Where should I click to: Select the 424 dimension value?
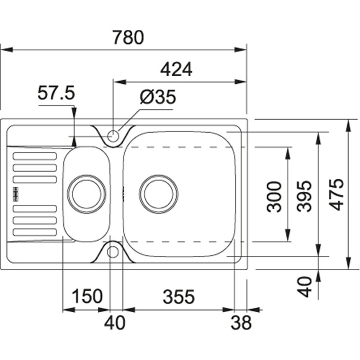click(176, 69)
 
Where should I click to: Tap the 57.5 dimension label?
click(56, 93)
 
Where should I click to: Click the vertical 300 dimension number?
click(274, 196)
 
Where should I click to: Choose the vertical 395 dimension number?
click(306, 196)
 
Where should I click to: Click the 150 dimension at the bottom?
click(87, 297)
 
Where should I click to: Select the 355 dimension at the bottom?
click(179, 297)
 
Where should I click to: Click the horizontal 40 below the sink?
click(115, 323)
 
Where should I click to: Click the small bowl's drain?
click(87, 194)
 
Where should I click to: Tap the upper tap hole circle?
click(113, 136)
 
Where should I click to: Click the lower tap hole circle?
click(112, 252)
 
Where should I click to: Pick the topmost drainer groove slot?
click(35, 156)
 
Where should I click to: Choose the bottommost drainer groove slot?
click(35, 231)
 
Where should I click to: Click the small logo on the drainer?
click(15, 193)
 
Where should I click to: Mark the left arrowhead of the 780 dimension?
click(3, 49)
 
